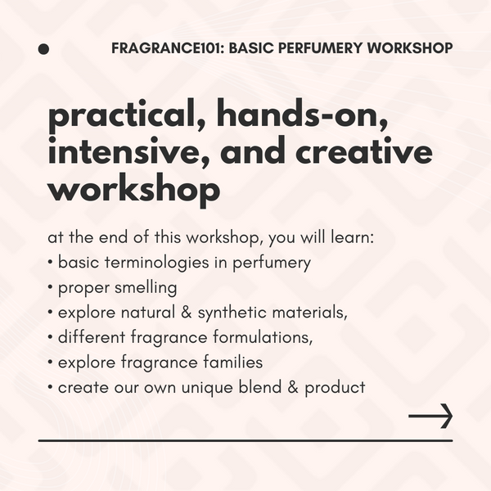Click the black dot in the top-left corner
43,49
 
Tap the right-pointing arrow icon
430,416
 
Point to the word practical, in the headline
127,116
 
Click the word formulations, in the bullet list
262,337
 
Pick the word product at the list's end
335,387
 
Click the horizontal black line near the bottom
245,441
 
